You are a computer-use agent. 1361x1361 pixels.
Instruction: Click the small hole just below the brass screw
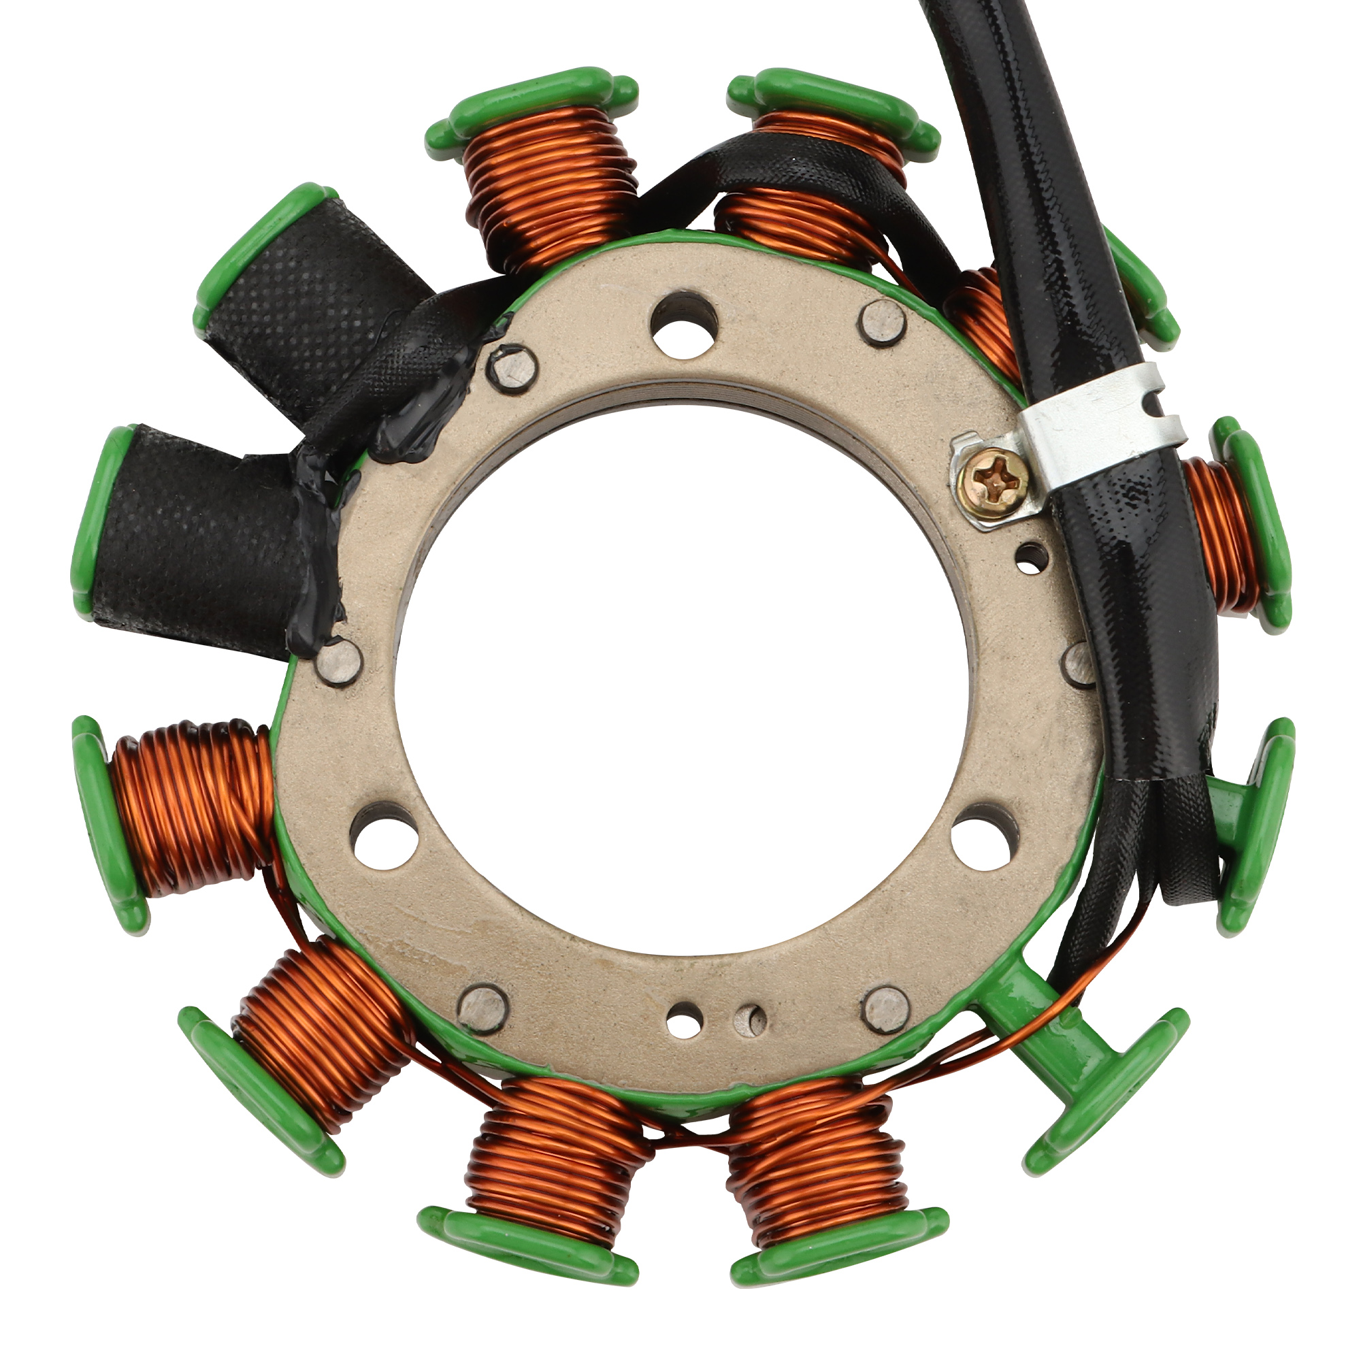[x=1030, y=556]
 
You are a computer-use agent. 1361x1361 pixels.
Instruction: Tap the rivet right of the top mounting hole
[x=883, y=323]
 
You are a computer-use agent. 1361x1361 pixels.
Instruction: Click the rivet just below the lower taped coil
[x=339, y=660]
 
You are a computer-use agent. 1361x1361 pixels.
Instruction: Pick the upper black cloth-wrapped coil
[x=310, y=310]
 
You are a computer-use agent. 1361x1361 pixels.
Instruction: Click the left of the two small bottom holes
[x=684, y=1020]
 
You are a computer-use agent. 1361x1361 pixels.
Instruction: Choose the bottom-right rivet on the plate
[x=887, y=1009]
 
